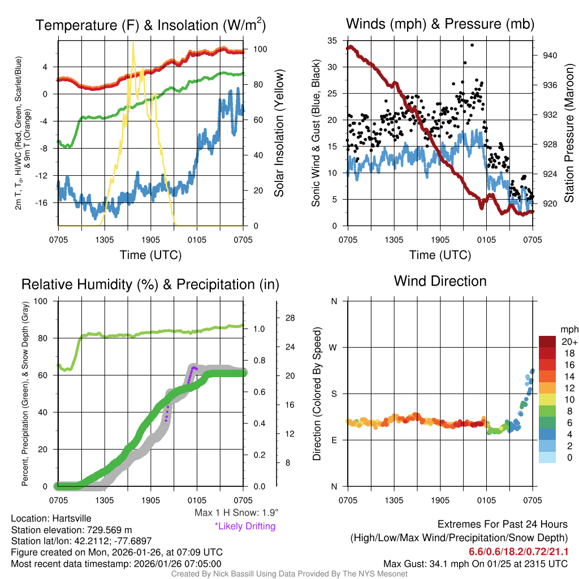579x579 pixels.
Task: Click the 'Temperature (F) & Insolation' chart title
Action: point(150,25)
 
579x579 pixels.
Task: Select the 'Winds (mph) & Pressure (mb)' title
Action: point(440,24)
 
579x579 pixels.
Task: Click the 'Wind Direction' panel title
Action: point(440,281)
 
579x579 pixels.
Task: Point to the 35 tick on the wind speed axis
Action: point(333,41)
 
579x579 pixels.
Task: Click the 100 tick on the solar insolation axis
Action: point(260,49)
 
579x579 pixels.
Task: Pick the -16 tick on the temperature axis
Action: point(47,202)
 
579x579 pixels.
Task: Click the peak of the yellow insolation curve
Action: point(133,43)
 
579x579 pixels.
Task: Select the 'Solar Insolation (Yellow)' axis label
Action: point(279,133)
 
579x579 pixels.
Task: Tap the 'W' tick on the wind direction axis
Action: point(334,347)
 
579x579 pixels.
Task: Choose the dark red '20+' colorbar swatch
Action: point(548,342)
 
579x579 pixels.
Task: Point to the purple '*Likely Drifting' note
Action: point(245,526)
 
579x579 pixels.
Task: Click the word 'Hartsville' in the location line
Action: point(72,518)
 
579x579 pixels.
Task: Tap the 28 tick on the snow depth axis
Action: point(291,318)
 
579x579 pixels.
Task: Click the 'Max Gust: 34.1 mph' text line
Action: point(476,564)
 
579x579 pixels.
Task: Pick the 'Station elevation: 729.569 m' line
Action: point(71,530)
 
